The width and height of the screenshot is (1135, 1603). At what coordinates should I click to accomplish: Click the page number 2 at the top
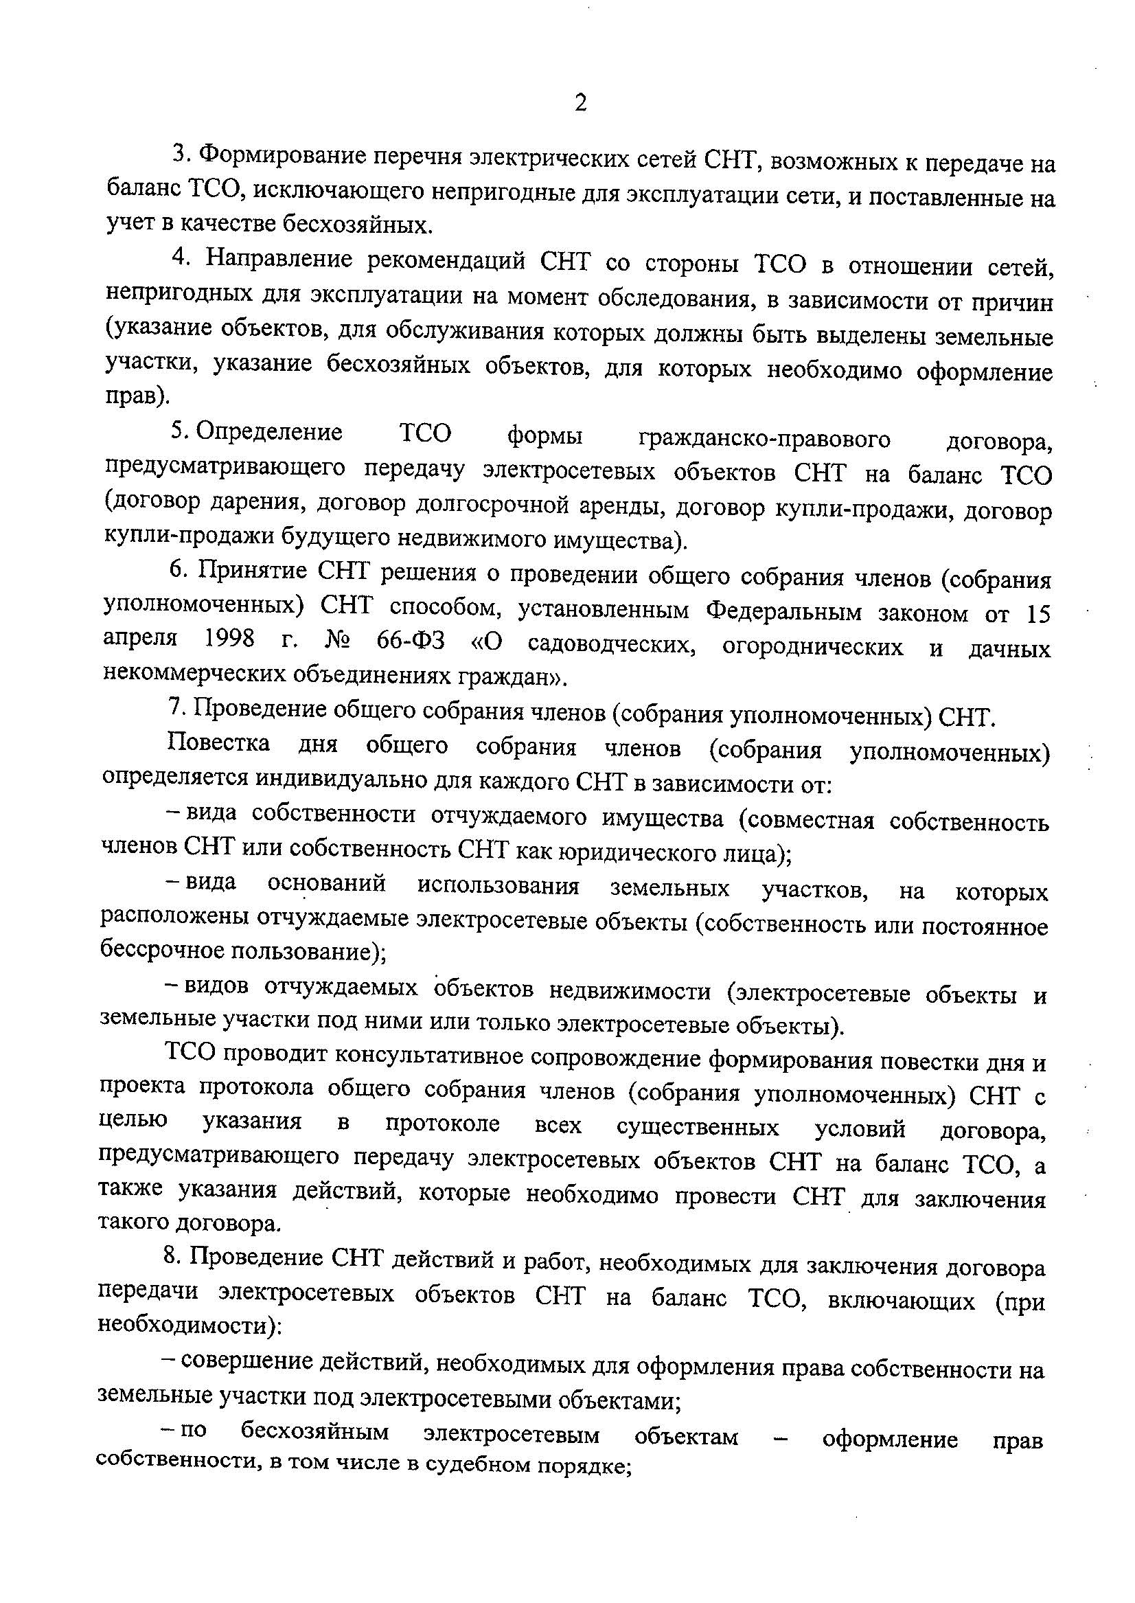point(580,104)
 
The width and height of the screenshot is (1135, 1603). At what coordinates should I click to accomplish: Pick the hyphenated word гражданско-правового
point(765,439)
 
